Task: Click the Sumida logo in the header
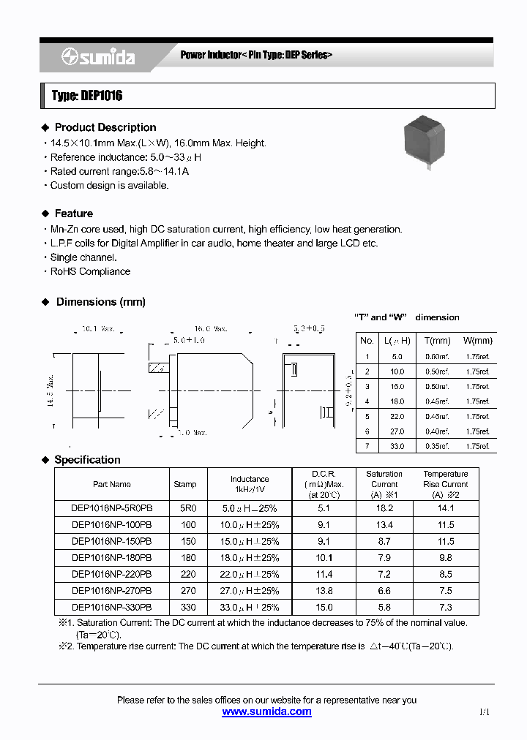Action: (98, 57)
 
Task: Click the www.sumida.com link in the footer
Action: (266, 711)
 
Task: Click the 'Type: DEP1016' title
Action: (87, 97)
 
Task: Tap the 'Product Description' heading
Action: (105, 127)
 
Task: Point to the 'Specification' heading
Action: (87, 460)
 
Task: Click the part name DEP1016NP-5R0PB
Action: (112, 507)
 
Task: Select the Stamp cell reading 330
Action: (188, 608)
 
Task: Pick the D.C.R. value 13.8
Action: (324, 591)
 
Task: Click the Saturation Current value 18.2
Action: (384, 507)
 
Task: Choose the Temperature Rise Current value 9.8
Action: (445, 557)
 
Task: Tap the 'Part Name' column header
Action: (112, 484)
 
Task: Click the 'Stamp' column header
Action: (185, 484)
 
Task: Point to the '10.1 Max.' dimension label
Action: (99, 330)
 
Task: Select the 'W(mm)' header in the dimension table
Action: (477, 341)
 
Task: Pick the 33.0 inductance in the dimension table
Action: (397, 445)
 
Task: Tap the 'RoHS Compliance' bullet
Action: (90, 271)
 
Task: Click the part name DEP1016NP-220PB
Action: (112, 574)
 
